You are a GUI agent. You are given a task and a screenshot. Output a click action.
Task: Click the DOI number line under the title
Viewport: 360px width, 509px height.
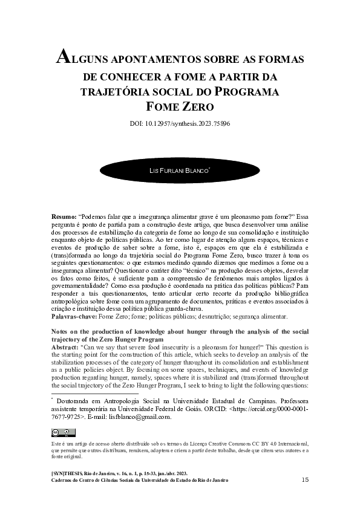pyautogui.click(x=180, y=124)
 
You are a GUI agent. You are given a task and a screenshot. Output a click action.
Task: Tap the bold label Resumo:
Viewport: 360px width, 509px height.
pyautogui.click(x=64, y=216)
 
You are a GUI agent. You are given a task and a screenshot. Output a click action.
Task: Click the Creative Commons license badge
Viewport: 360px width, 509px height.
pyautogui.click(x=64, y=432)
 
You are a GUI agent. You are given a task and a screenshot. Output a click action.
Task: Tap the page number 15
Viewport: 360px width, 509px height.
pyautogui.click(x=305, y=479)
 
